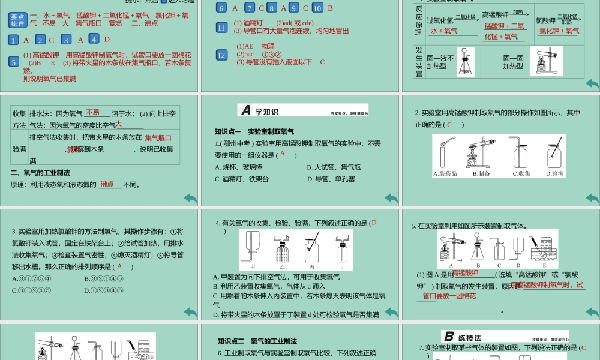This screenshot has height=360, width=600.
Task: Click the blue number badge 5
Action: tap(14, 61)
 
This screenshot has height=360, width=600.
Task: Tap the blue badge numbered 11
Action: tap(222, 27)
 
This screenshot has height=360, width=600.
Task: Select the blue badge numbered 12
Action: tap(222, 55)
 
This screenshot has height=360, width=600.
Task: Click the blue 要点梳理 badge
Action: tap(18, 20)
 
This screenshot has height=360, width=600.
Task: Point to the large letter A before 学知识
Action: tap(245, 110)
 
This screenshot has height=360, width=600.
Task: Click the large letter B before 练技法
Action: tap(449, 337)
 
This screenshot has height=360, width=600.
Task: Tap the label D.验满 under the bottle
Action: tap(555, 174)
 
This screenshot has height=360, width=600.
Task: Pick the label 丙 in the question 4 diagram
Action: tap(311, 266)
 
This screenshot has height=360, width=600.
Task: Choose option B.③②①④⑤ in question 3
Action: tap(104, 279)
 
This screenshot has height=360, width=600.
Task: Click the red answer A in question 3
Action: tap(120, 266)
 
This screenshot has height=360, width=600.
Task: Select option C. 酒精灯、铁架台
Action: tap(238, 179)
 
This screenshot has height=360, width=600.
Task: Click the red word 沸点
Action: tap(107, 184)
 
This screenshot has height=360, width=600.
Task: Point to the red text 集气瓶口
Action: tap(158, 137)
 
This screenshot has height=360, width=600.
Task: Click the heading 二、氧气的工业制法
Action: tap(41, 173)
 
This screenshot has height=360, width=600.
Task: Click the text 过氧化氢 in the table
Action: tap(440, 20)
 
